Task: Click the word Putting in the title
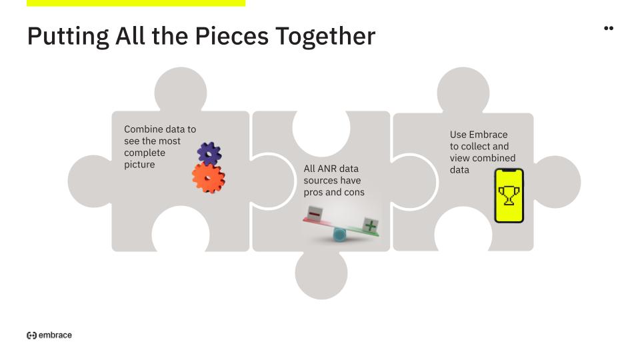68,37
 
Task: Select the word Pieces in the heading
231,36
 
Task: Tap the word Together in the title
325,37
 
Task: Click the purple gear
209,153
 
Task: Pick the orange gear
209,177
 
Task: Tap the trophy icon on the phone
509,195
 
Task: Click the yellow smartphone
509,195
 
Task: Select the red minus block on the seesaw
315,213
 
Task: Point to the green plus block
370,225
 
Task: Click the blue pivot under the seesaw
339,235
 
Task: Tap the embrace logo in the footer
49,335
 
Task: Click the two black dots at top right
609,28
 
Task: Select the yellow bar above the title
136,3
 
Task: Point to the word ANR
326,169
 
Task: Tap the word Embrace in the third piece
488,135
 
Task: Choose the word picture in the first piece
139,165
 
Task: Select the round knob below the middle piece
321,273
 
